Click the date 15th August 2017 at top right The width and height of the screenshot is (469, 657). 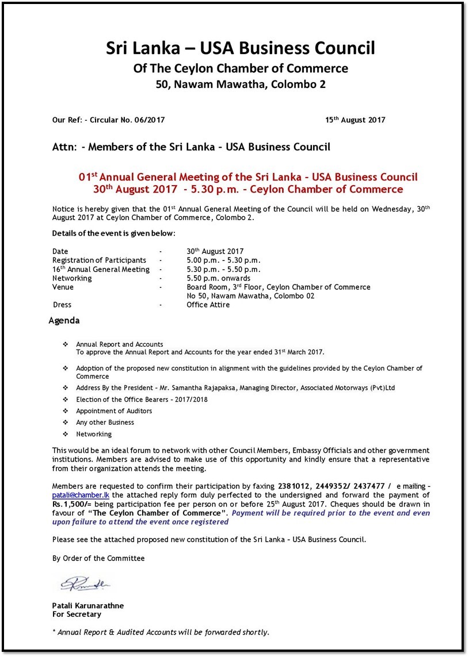pos(355,120)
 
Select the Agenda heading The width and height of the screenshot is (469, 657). pos(64,321)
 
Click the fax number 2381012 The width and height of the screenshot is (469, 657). pos(295,486)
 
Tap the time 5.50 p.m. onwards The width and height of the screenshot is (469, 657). pos(218,278)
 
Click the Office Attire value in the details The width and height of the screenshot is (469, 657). pos(208,305)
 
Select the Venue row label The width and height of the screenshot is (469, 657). pos(63,287)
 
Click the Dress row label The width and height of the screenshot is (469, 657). pos(62,305)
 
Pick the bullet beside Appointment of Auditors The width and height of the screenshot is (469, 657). pos(65,411)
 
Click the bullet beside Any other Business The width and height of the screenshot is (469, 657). pos(65,422)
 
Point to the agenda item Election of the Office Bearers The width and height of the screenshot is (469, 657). pos(142,399)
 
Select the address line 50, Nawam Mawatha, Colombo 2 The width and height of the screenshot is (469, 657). pos(241,85)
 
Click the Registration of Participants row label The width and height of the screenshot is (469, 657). pos(99,260)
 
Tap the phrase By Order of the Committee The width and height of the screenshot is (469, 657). pos(98,558)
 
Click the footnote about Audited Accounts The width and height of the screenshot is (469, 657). pos(161,632)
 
